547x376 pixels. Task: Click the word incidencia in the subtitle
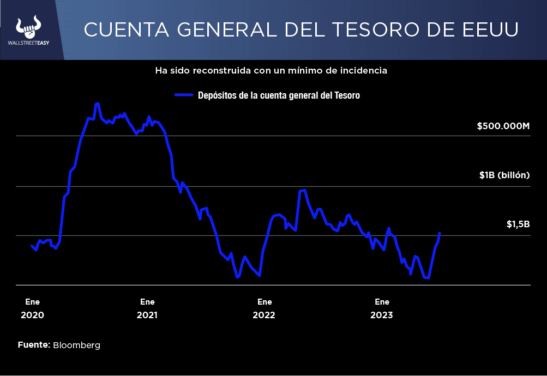coord(364,71)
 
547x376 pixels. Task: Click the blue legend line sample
coord(184,95)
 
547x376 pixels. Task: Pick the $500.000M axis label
coord(503,126)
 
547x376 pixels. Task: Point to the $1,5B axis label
coord(518,224)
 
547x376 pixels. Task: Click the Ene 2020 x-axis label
coord(32,308)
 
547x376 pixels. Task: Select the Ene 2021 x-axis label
coord(147,308)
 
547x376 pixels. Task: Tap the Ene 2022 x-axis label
coord(265,308)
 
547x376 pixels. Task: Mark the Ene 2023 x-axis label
coord(382,308)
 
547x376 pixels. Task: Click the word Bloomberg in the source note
coord(77,345)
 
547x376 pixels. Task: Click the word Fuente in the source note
coord(34,345)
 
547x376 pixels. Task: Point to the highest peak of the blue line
coord(97,103)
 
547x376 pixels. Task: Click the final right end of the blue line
coord(440,233)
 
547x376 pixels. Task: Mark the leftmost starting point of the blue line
coord(32,246)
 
